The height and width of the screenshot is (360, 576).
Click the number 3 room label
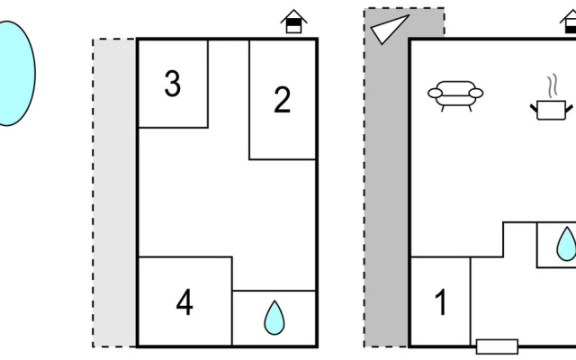point(173,84)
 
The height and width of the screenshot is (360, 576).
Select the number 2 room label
point(282,100)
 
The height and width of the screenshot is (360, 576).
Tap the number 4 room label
point(184,302)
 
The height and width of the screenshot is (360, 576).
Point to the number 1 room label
point(441,302)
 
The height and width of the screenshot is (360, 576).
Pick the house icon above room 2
point(294,22)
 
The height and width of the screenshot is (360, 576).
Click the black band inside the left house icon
point(294,22)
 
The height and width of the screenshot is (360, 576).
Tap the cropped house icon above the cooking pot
point(569,22)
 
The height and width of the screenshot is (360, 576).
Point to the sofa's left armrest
point(435,94)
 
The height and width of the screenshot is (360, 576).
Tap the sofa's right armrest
point(476,94)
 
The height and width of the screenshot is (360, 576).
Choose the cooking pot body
point(551,110)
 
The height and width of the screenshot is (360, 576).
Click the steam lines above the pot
point(552,86)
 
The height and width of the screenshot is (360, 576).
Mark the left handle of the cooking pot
point(534,108)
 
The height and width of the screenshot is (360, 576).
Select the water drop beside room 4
point(274,319)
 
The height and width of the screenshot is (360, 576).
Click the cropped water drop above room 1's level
point(567,244)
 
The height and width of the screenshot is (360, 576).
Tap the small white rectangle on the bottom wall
point(498,346)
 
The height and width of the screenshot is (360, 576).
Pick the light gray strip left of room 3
point(114,193)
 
